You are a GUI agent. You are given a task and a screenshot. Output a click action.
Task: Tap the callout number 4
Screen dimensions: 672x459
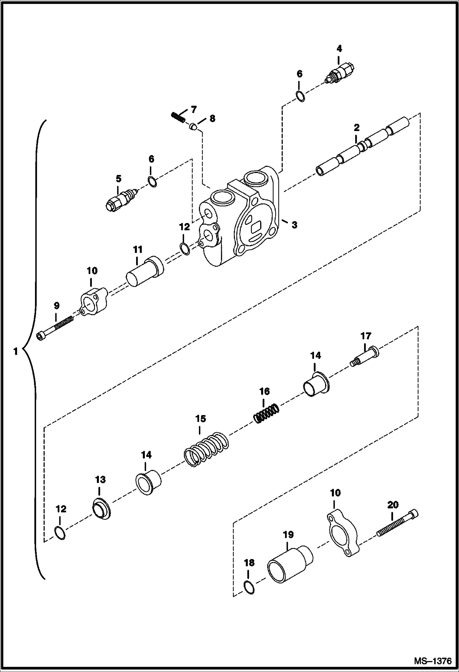(339, 49)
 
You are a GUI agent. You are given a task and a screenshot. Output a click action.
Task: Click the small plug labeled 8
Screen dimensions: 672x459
(193, 126)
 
